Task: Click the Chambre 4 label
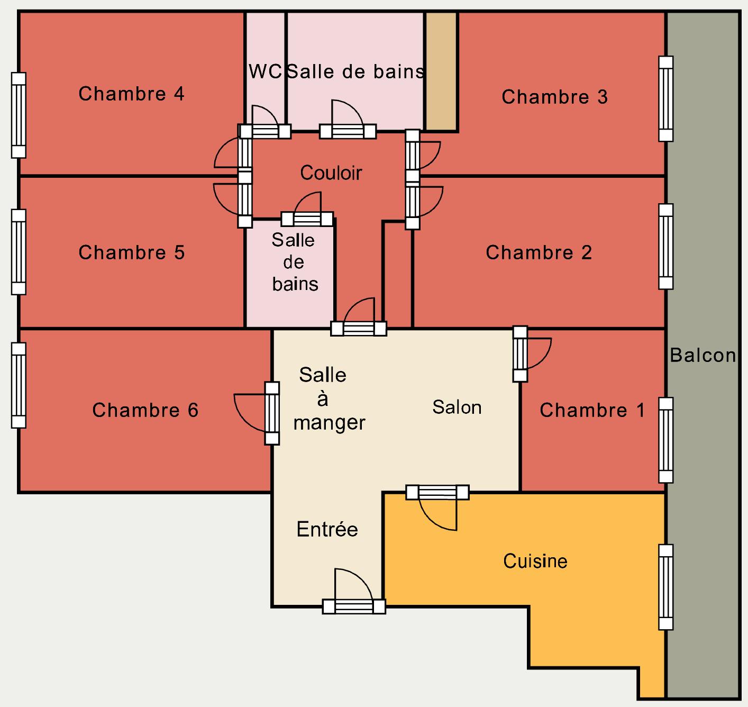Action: click(131, 94)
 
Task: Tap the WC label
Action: click(265, 71)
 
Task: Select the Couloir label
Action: click(331, 173)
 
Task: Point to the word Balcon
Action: click(703, 356)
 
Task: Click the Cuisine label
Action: click(535, 561)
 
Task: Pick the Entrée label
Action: click(327, 529)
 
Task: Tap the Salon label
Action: click(457, 407)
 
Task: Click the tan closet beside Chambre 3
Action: click(441, 71)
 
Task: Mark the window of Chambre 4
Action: click(19, 115)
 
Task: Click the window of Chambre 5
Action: click(19, 252)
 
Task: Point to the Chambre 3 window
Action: click(666, 99)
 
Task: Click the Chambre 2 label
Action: click(539, 252)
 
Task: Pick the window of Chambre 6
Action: click(19, 385)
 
